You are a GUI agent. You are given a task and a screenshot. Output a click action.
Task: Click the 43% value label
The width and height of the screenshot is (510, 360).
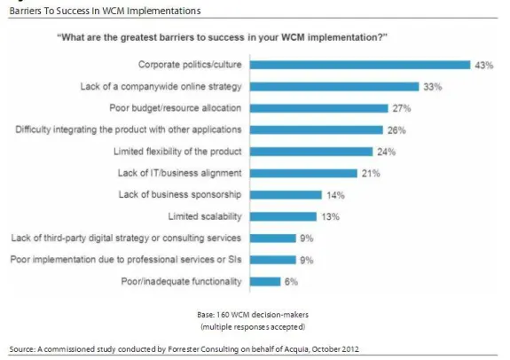point(484,65)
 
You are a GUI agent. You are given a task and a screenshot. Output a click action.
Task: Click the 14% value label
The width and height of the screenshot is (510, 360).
point(335,195)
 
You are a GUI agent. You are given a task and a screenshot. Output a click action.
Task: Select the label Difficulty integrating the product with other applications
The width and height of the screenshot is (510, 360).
point(143,129)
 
